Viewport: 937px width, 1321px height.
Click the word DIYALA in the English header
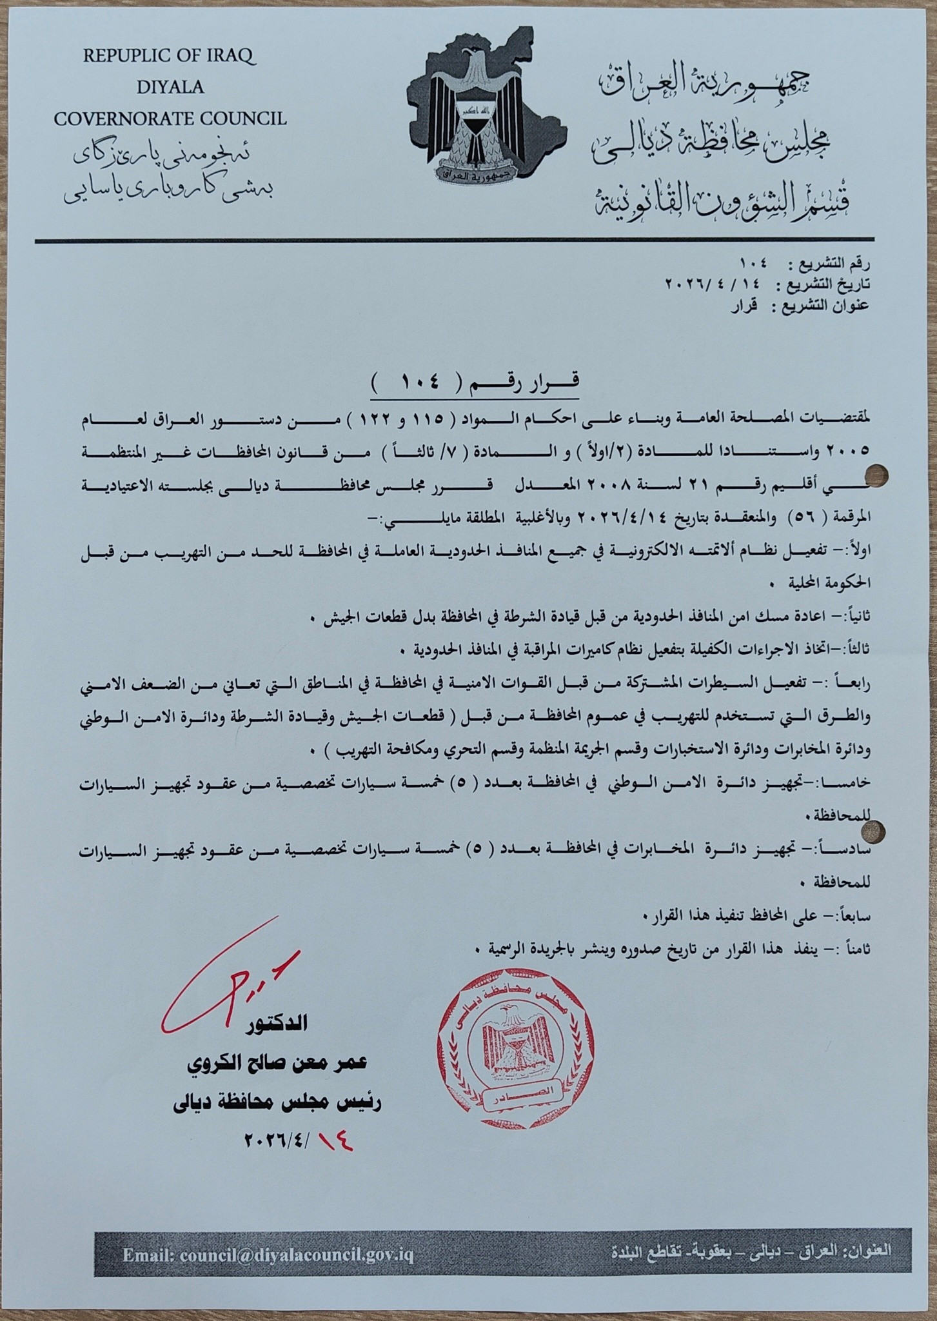click(x=170, y=88)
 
